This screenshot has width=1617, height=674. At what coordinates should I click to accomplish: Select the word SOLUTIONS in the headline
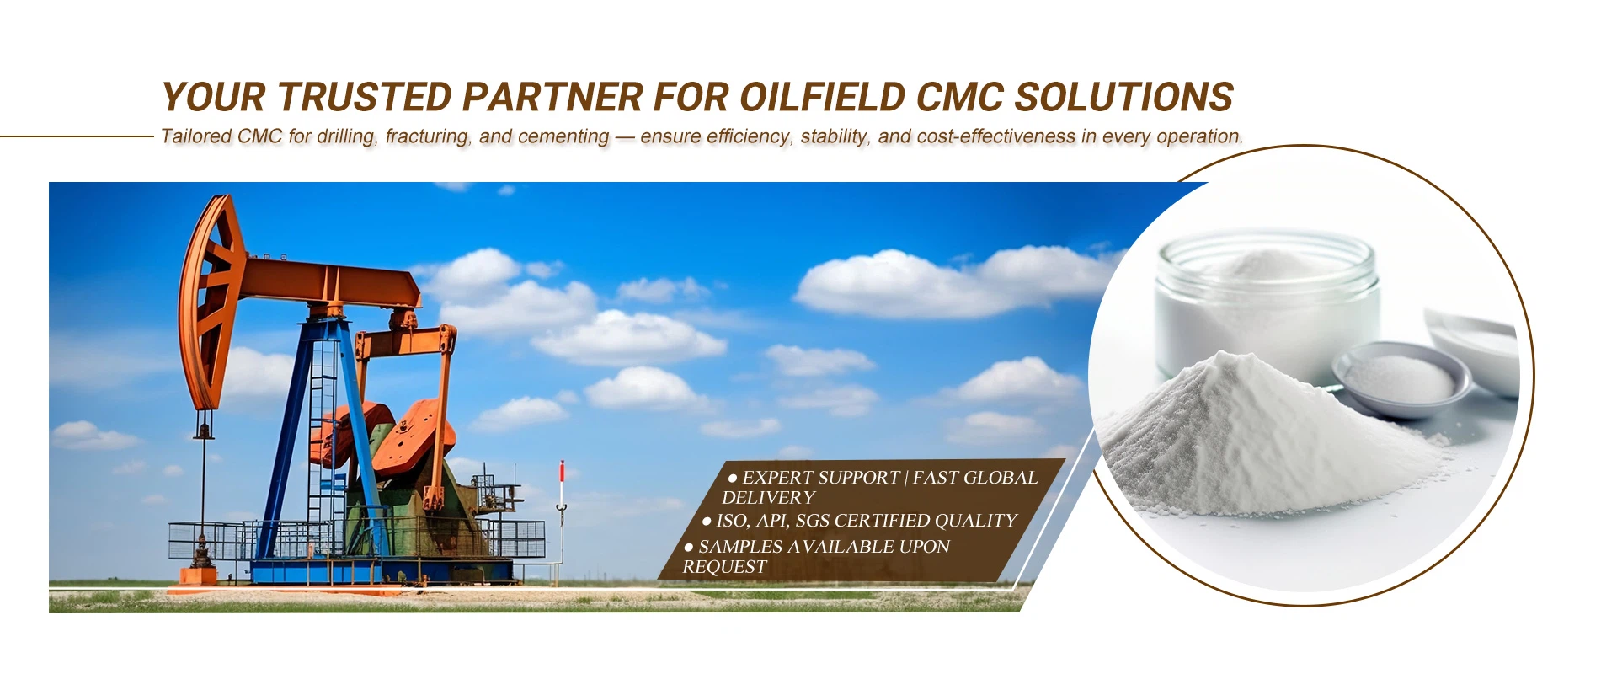click(1123, 98)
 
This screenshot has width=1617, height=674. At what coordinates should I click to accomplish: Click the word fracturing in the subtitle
click(427, 136)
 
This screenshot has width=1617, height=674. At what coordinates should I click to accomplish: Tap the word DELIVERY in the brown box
click(768, 498)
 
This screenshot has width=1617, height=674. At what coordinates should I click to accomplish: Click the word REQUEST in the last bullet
click(724, 567)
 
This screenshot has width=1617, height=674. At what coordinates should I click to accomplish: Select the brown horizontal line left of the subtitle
click(77, 136)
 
